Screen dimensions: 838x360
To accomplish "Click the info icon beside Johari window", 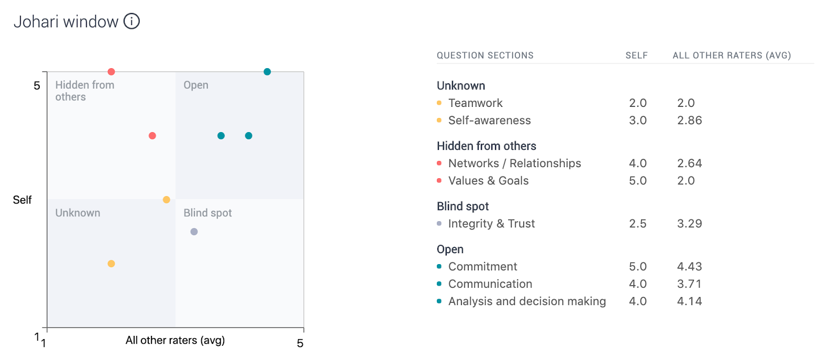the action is (x=131, y=21).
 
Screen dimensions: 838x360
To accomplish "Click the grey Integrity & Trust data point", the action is (x=194, y=232).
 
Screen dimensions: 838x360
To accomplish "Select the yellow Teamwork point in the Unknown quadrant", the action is (x=111, y=264).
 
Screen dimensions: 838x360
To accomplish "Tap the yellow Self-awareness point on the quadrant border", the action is (x=167, y=200).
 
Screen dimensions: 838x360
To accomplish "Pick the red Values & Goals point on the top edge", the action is (x=111, y=72).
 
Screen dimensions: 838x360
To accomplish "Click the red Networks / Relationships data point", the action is (x=152, y=136).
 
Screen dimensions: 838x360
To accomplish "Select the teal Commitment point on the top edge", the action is (x=267, y=72).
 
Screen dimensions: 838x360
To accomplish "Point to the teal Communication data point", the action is (x=221, y=136).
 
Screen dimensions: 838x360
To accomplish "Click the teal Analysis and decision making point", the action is (x=249, y=136).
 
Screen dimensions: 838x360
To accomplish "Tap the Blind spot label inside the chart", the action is (x=207, y=213).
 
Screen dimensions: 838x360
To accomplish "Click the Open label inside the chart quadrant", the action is (x=196, y=85).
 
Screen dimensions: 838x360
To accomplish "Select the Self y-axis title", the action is (x=22, y=200).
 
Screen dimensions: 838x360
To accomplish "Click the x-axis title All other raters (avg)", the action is (x=175, y=340).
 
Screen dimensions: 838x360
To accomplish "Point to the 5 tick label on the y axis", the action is (x=37, y=86).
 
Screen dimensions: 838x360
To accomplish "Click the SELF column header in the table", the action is (x=637, y=56).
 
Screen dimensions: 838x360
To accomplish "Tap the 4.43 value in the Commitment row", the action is (x=689, y=266).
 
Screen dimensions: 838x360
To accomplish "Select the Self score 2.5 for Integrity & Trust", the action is (x=638, y=223).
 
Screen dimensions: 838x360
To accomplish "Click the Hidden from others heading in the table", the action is (x=487, y=146).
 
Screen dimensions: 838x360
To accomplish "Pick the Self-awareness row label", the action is (x=489, y=120).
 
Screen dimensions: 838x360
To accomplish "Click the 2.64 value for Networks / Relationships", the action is (x=689, y=163).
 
